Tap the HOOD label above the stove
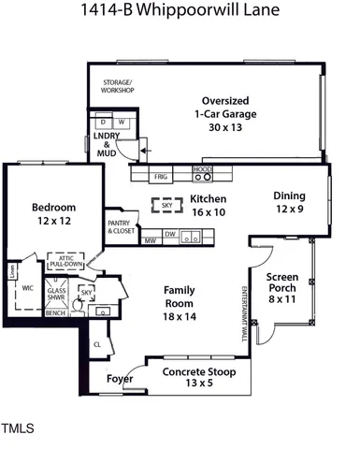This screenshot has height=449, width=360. (x=203, y=169)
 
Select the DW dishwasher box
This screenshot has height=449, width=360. (x=170, y=234)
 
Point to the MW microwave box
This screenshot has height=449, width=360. (x=149, y=240)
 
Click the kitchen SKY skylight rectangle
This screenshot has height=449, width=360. (x=167, y=205)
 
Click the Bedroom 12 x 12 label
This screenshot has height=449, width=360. (x=53, y=214)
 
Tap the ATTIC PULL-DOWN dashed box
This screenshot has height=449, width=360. (x=66, y=261)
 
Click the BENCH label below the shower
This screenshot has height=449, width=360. (x=55, y=313)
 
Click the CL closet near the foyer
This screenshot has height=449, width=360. (x=97, y=344)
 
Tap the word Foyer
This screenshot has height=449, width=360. (x=119, y=380)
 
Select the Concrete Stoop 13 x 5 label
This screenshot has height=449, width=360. (x=197, y=377)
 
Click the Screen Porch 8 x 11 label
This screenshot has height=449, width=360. (x=282, y=288)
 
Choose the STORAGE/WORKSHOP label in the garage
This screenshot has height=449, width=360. (x=118, y=87)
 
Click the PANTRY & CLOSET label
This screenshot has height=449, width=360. (x=120, y=226)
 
